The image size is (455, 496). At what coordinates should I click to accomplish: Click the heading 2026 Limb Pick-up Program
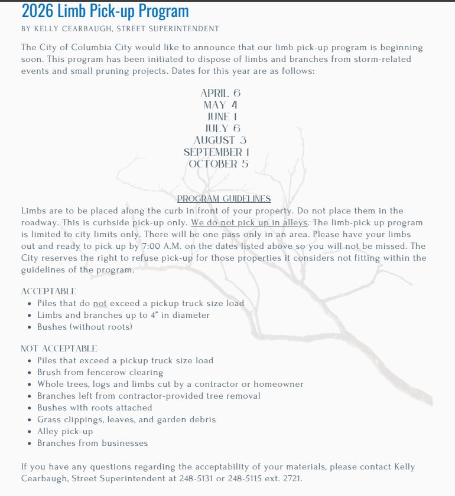[105, 11]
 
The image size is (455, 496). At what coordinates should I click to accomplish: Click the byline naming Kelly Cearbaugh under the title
[120, 29]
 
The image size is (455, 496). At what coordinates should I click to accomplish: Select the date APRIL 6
[220, 93]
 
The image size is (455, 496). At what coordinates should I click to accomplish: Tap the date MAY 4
[220, 105]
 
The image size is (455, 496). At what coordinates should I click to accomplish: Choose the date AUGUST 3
[220, 140]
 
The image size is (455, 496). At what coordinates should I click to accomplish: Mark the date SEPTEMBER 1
[216, 152]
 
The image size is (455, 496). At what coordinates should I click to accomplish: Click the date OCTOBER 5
[219, 164]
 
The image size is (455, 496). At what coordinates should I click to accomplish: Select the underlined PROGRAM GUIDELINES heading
[224, 199]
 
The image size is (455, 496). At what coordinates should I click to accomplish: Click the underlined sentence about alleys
[249, 223]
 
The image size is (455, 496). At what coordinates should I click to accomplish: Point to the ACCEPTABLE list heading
[48, 291]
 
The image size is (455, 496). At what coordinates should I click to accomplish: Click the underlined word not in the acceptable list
[100, 304]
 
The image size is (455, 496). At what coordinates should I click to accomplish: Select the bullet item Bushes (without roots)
[84, 327]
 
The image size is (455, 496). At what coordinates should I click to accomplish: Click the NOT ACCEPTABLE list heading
[59, 349]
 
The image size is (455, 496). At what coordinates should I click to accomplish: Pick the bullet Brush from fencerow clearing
[100, 372]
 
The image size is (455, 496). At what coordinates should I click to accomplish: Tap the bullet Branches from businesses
[92, 443]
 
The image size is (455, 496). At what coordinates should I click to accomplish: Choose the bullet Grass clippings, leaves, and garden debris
[126, 419]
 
